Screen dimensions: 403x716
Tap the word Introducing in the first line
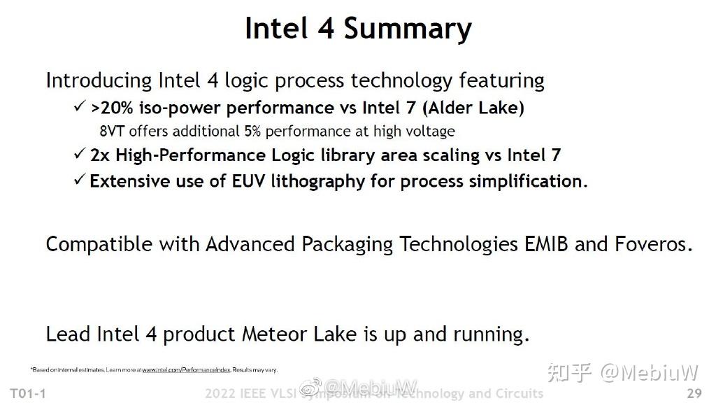99,81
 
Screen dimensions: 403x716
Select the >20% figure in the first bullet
114,108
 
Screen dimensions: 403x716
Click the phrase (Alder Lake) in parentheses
473,108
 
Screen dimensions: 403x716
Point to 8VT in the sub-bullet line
113,132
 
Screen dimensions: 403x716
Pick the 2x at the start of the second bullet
100,155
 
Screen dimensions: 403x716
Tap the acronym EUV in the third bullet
248,181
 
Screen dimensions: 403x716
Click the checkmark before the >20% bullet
80,108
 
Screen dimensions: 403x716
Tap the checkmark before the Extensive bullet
80,181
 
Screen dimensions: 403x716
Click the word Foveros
653,244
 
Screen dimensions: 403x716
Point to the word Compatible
99,245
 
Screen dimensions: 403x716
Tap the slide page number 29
694,393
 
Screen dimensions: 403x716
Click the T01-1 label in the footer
28,393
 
